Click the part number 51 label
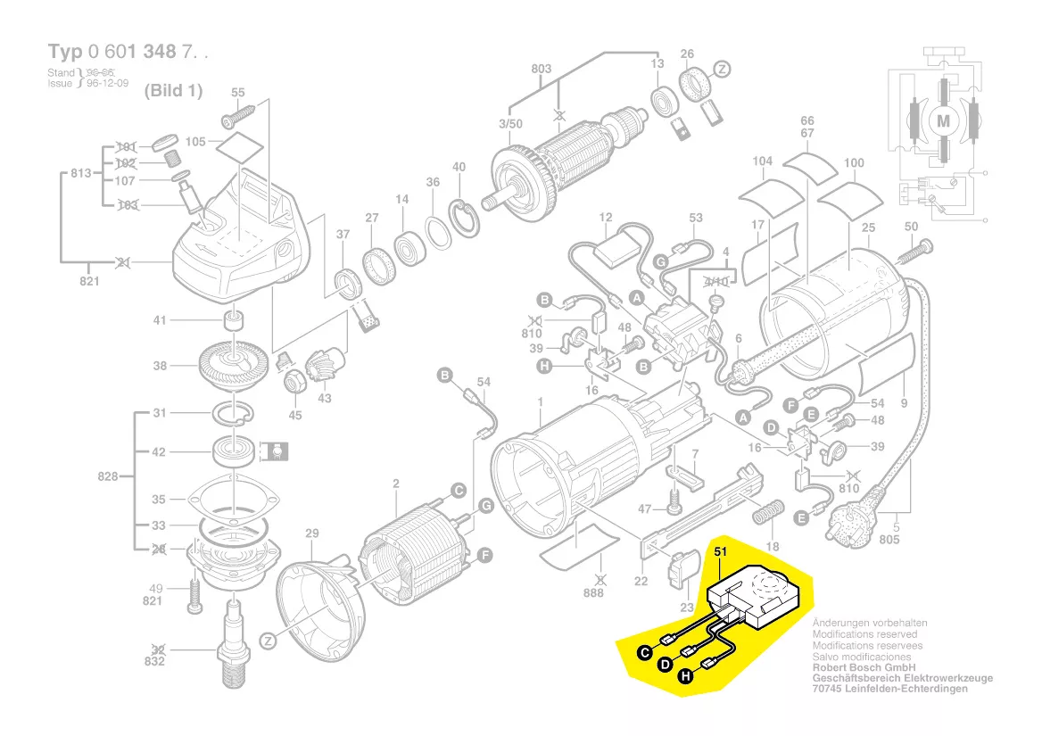[x=720, y=552]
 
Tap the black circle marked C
[x=644, y=653]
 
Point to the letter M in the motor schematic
[x=942, y=120]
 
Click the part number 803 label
[x=542, y=69]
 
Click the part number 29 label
[x=311, y=533]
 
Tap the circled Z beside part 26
[x=723, y=69]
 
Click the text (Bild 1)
[x=173, y=91]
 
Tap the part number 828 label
[x=109, y=477]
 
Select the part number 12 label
[x=606, y=218]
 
